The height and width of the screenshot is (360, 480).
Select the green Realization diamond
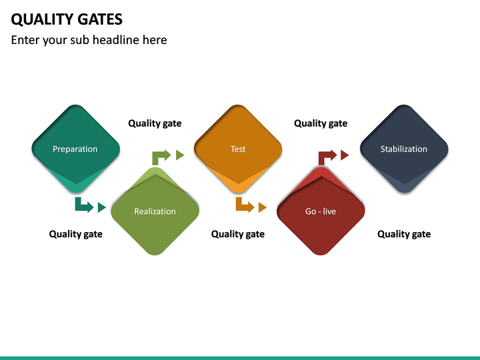pos(155,212)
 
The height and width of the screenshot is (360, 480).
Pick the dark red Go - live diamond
pos(321,212)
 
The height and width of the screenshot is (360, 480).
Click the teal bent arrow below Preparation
pos(83,205)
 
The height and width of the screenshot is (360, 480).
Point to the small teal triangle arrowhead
pos(101,207)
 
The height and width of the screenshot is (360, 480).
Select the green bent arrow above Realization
pos(161,157)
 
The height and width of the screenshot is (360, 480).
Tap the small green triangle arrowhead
pos(180,155)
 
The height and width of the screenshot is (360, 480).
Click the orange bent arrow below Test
pos(244,205)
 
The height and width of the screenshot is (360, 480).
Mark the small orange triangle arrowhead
pos(262,207)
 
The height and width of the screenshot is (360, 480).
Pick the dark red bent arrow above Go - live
pos(327,157)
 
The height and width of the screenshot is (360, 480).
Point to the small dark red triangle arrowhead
pos(345,155)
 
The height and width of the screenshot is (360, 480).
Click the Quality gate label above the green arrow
pos(155,123)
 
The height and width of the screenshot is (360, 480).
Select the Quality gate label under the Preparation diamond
pos(75,234)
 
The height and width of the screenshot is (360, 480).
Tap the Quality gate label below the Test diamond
pos(238,234)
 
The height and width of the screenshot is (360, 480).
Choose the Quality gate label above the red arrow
pos(321,123)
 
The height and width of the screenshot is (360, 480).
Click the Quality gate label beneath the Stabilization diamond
pos(404,234)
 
